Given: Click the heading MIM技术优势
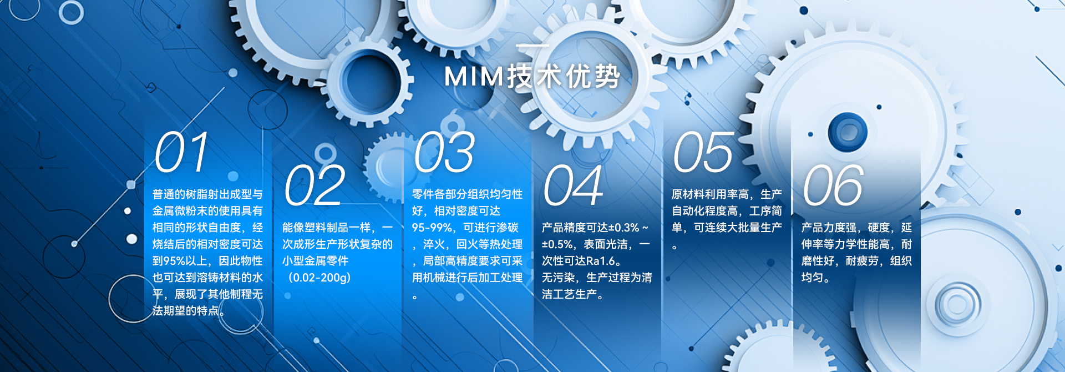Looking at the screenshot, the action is coord(532,76).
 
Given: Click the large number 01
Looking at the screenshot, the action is coord(181,152).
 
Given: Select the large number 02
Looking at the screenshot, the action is coord(314,185).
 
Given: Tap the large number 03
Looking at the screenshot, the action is coord(444,152).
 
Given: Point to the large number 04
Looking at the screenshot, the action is coord(573,185).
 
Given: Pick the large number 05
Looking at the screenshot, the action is coord(703,152).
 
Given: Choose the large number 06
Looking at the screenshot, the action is coord(833,185).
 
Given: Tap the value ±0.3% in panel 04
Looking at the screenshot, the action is coord(623,228).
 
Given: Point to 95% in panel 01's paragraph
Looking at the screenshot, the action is coord(174,261).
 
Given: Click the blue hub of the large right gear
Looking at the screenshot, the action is coord(847,132).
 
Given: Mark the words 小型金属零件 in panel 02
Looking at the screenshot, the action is coord(316,261).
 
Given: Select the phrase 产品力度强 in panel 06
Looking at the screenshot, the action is coord(829,228).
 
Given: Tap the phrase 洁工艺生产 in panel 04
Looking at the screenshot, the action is coord(570,294).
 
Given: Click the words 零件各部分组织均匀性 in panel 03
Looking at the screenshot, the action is coord(467,194).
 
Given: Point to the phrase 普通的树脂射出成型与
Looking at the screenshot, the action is coord(207,194).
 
